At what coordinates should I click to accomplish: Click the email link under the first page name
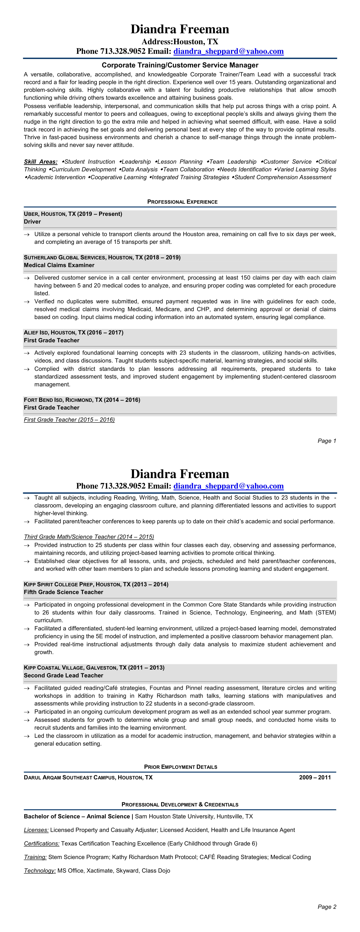(228, 51)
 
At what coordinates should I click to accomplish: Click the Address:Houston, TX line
(180, 42)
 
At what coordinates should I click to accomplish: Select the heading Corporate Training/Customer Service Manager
(180, 65)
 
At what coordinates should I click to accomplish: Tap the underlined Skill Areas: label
(40, 162)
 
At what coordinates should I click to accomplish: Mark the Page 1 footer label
(327, 441)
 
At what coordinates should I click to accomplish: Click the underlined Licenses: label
(36, 830)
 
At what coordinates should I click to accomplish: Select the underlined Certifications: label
(42, 844)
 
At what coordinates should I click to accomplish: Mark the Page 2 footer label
(327, 907)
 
